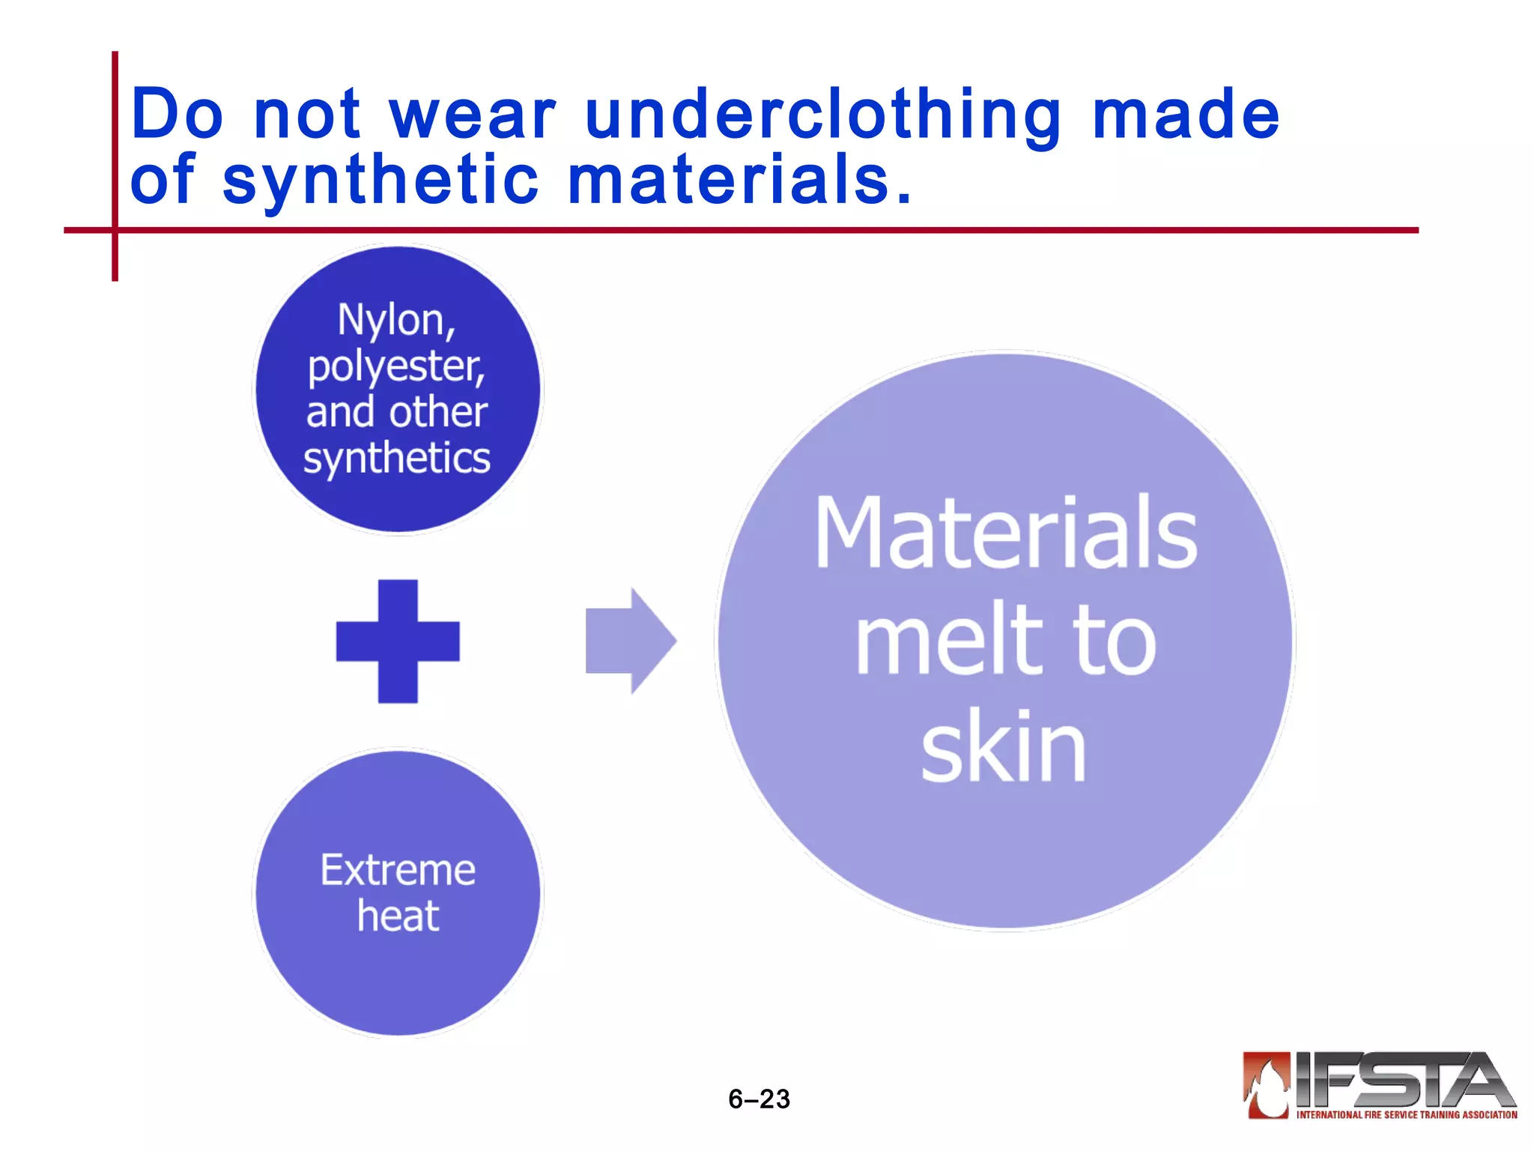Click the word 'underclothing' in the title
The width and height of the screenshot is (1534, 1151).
tap(822, 116)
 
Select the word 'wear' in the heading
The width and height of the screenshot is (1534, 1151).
tap(473, 116)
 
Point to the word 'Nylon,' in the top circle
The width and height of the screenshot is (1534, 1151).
tap(396, 321)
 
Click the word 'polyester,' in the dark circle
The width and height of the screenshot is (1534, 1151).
tap(396, 368)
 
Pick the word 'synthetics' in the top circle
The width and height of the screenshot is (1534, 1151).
tap(396, 459)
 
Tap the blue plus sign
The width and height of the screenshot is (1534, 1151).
tap(398, 641)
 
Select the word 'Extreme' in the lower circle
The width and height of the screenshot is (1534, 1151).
tap(398, 871)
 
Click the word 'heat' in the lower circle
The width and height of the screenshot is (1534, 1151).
tap(398, 916)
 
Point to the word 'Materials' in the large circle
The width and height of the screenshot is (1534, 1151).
tap(1006, 533)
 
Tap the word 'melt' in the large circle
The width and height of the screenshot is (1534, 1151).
tap(947, 641)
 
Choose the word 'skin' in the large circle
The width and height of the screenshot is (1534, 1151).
tap(1004, 747)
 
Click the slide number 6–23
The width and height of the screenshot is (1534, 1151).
tap(759, 1099)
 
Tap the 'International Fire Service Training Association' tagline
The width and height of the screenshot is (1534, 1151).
tap(1406, 1115)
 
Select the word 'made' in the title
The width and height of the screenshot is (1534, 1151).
tap(1186, 116)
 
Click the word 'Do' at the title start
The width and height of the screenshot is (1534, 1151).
tap(177, 116)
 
